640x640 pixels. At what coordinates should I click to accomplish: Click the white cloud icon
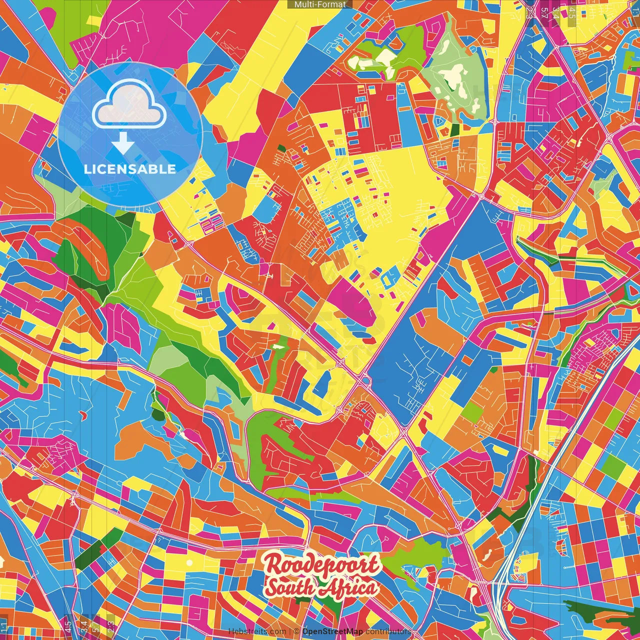coord(129,105)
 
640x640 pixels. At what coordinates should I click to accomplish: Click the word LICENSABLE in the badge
coord(130,169)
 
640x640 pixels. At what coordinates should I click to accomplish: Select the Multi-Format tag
coord(320,4)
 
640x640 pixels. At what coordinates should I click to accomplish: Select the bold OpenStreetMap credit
coord(332,631)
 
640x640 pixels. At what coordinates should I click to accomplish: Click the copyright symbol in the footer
coord(296,631)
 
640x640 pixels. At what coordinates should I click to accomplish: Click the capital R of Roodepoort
coord(272,565)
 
